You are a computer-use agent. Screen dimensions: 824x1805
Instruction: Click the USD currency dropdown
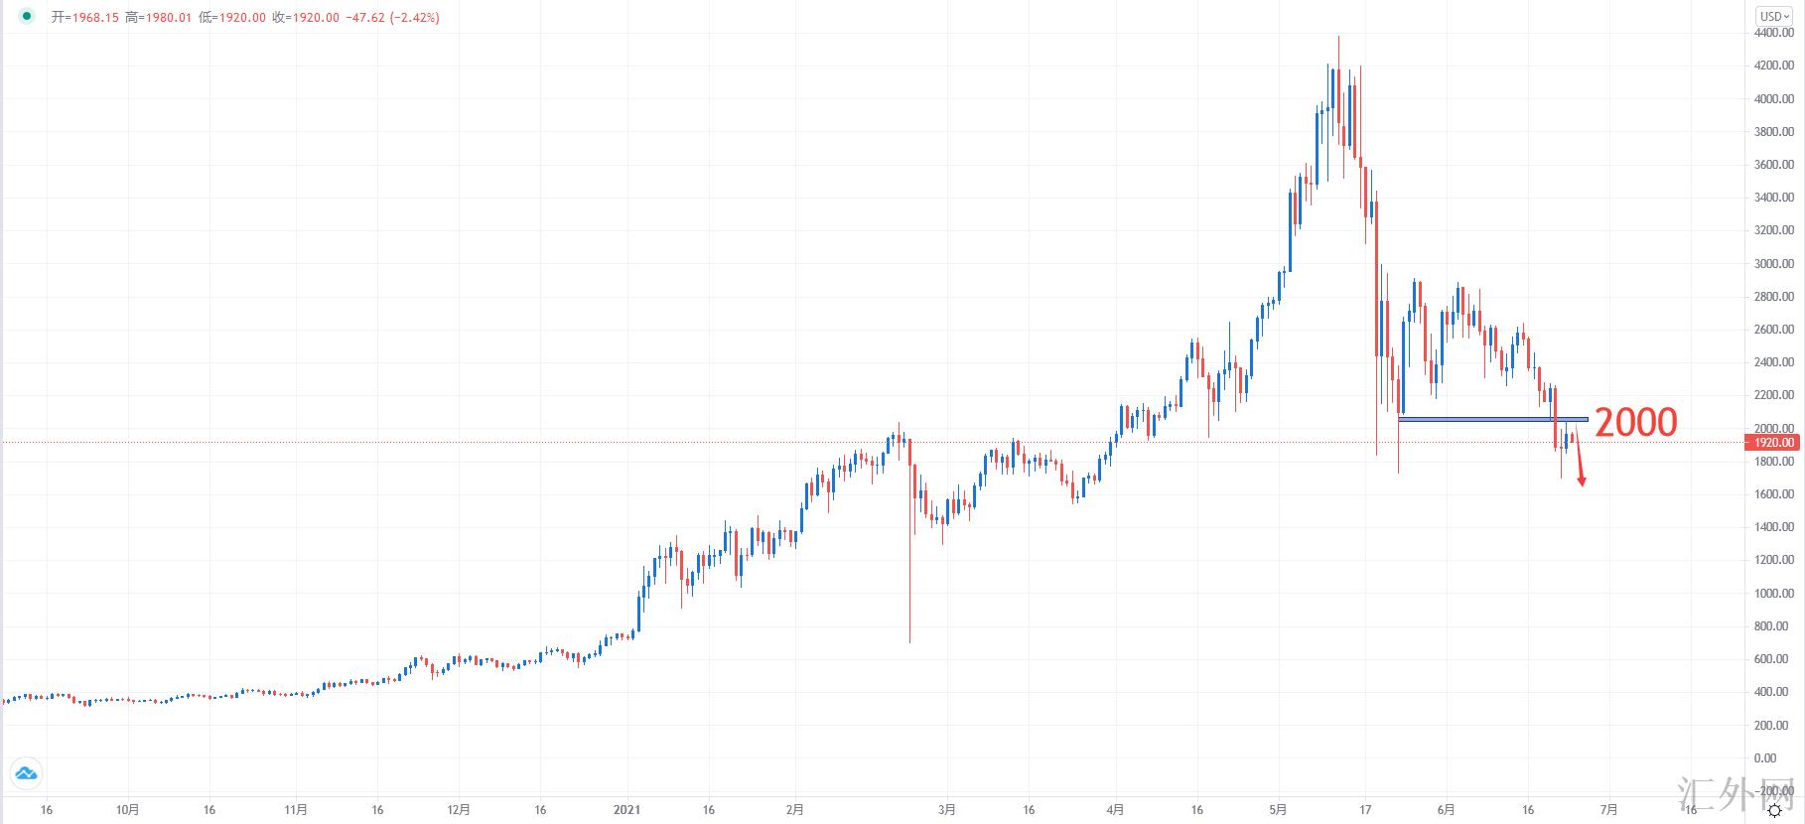(x=1774, y=16)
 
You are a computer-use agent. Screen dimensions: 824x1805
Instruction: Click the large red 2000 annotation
(x=1635, y=422)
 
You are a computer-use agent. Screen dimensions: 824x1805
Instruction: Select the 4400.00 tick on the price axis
(x=1773, y=33)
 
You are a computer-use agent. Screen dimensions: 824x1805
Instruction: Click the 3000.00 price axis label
(x=1773, y=264)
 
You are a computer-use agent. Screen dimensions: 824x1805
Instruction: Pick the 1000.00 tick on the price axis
(x=1773, y=594)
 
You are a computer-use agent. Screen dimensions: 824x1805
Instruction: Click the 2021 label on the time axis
(x=626, y=810)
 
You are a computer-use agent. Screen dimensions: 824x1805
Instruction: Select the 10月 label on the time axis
(x=127, y=810)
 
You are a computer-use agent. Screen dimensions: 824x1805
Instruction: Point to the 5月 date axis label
(x=1279, y=810)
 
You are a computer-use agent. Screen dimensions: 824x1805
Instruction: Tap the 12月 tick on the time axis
(x=459, y=810)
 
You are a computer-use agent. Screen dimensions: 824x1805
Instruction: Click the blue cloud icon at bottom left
(x=26, y=773)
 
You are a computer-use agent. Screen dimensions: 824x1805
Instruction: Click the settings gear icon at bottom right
(x=1774, y=811)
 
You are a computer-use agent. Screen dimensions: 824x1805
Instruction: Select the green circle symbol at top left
(x=27, y=17)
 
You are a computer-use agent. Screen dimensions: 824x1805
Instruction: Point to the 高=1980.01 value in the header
(x=158, y=18)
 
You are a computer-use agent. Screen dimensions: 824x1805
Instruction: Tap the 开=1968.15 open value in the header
(x=85, y=18)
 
